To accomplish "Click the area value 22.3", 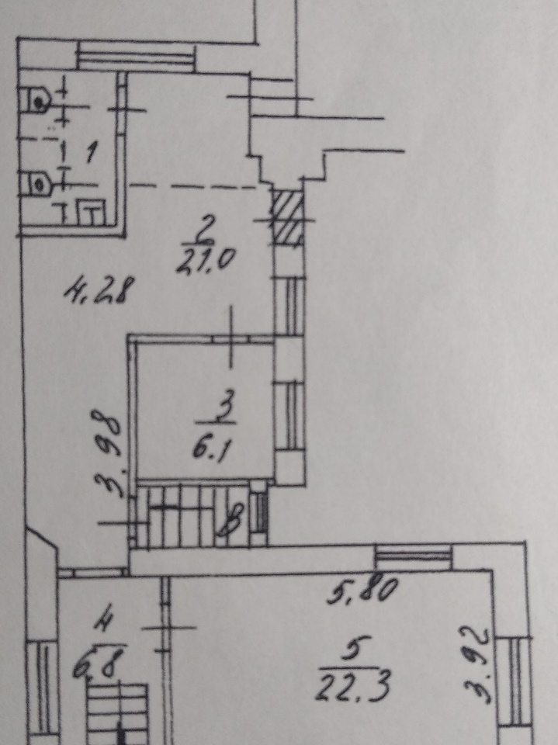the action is (352, 687).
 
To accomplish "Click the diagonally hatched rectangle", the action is (288, 217).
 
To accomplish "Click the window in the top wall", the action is (137, 56).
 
